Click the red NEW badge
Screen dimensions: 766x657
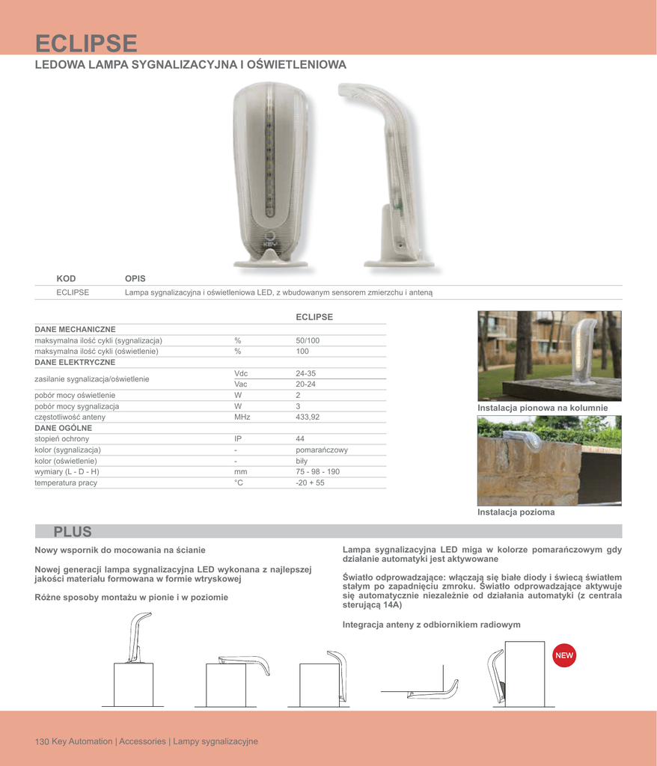pyautogui.click(x=563, y=655)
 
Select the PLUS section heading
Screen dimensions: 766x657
pyautogui.click(x=73, y=532)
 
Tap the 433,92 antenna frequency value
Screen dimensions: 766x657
pyautogui.click(x=311, y=417)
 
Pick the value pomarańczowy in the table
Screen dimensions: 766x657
pyautogui.click(x=322, y=450)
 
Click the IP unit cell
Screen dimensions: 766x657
pyautogui.click(x=239, y=439)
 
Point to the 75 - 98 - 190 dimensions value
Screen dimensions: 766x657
pyautogui.click(x=318, y=472)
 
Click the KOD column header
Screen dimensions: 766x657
pyautogui.click(x=67, y=278)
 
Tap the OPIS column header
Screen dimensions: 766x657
pyautogui.click(x=135, y=278)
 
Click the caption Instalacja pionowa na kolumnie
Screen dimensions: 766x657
pyautogui.click(x=543, y=408)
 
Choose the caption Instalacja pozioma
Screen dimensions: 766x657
pyautogui.click(x=516, y=512)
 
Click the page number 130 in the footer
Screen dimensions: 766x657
pyautogui.click(x=42, y=741)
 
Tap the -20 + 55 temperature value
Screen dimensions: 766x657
pyautogui.click(x=311, y=483)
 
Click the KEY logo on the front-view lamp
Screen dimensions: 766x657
pyautogui.click(x=269, y=242)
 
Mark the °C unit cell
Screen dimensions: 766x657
pyautogui.click(x=239, y=483)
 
